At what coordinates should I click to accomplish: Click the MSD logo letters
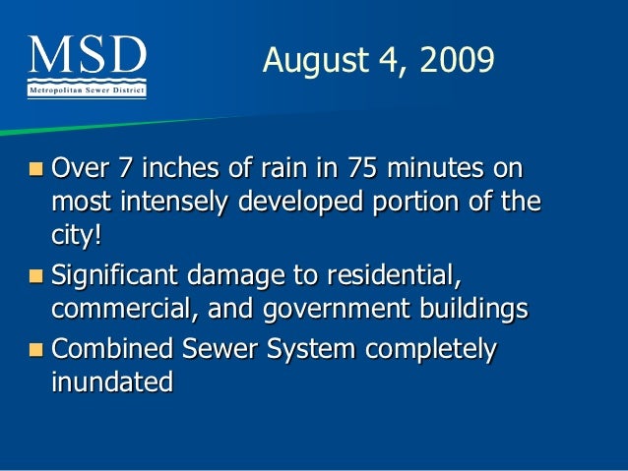click(88, 58)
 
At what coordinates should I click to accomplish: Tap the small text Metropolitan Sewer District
click(87, 90)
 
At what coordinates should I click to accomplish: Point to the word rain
click(272, 168)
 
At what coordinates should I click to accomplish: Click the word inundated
click(111, 383)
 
